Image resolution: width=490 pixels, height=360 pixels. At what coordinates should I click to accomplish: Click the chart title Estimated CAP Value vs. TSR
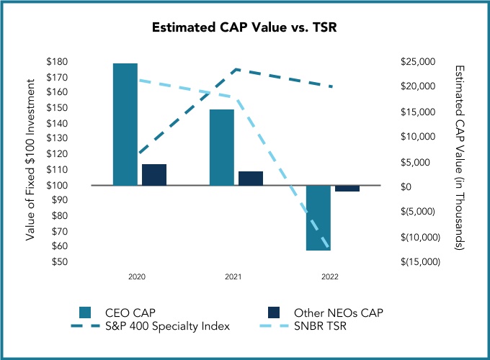244,28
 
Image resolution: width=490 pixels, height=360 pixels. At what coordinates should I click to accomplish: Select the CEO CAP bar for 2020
125,124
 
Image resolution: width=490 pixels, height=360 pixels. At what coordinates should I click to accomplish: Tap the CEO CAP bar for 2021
222,147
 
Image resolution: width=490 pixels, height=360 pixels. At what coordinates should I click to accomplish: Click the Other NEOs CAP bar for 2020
154,174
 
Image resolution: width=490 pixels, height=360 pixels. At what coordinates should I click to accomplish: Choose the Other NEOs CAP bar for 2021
251,178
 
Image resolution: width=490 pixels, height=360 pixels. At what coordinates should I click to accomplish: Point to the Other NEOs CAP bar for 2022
347,188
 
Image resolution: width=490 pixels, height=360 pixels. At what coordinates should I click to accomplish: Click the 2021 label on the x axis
233,276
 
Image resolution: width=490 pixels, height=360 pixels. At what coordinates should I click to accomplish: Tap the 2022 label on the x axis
329,276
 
